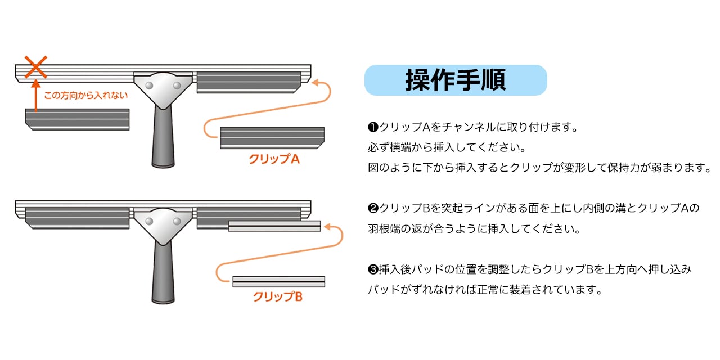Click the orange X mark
(35, 67)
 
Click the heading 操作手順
(456, 80)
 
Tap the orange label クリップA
(274, 159)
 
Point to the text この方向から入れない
(85, 96)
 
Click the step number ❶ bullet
(372, 127)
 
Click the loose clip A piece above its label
(272, 138)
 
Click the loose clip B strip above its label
(278, 281)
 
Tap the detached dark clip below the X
(77, 119)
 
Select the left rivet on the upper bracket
(149, 85)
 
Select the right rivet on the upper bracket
(177, 85)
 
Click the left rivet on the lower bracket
(149, 222)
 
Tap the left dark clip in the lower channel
(77, 218)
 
